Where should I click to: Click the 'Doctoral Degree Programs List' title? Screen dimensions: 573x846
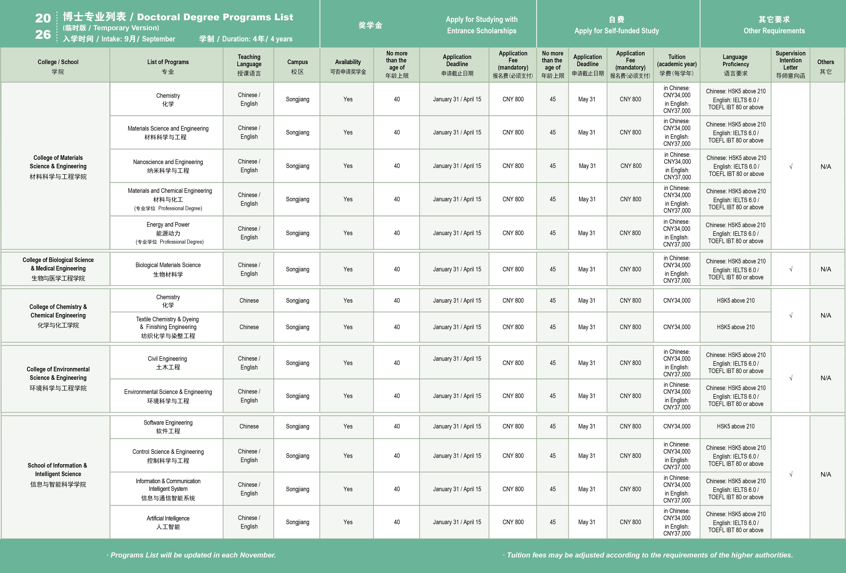pos(215,17)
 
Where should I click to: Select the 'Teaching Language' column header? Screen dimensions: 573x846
pos(249,64)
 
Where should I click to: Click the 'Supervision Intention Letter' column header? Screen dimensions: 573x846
pos(790,64)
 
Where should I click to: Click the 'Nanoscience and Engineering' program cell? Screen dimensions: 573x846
pos(168,166)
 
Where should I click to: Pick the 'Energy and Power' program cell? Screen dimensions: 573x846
pos(168,233)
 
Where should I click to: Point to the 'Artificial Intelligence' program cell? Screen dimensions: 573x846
pos(168,522)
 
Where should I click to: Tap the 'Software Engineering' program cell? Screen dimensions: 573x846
pos(168,426)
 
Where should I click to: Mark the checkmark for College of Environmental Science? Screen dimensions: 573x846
pos(790,378)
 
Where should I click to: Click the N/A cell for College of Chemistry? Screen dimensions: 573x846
pos(825,315)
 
